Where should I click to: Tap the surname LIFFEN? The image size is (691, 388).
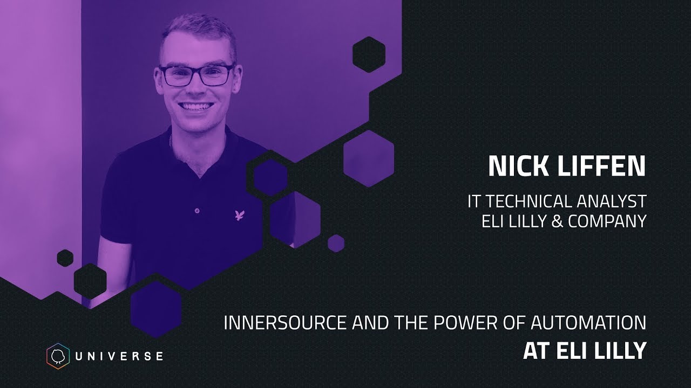click(x=599, y=167)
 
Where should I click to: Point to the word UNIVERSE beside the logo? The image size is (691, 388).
click(x=119, y=356)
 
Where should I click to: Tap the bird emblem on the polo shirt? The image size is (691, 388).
click(x=240, y=216)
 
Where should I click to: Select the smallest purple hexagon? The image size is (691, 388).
click(x=336, y=243)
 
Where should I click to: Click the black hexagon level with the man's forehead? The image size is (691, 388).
click(x=369, y=54)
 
